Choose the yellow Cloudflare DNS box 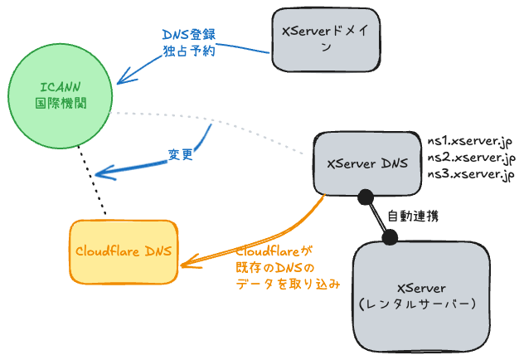(x=124, y=251)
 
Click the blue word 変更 (x=181, y=155)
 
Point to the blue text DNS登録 (x=189, y=36)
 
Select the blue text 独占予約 (x=189, y=51)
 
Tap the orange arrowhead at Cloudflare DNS (x=187, y=265)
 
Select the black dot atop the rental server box (x=389, y=237)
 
